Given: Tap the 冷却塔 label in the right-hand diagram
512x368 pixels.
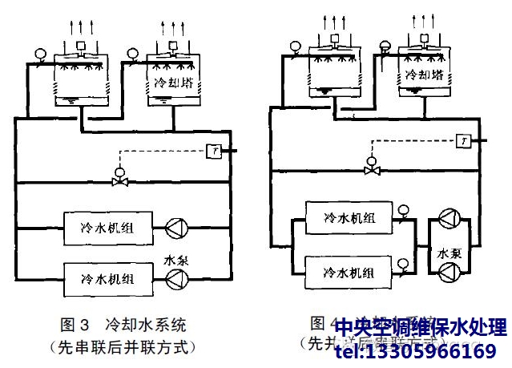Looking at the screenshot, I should (421, 77).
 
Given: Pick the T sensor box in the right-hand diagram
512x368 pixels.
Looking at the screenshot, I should (464, 140).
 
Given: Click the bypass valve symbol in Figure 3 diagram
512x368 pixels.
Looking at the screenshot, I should (120, 180).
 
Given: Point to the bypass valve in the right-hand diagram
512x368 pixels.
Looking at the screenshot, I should (372, 169).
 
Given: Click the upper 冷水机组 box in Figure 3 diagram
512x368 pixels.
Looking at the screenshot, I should (107, 228).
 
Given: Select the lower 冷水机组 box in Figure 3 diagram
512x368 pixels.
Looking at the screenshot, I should (107, 278).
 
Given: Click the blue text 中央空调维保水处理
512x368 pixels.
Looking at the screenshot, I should (420, 328).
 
